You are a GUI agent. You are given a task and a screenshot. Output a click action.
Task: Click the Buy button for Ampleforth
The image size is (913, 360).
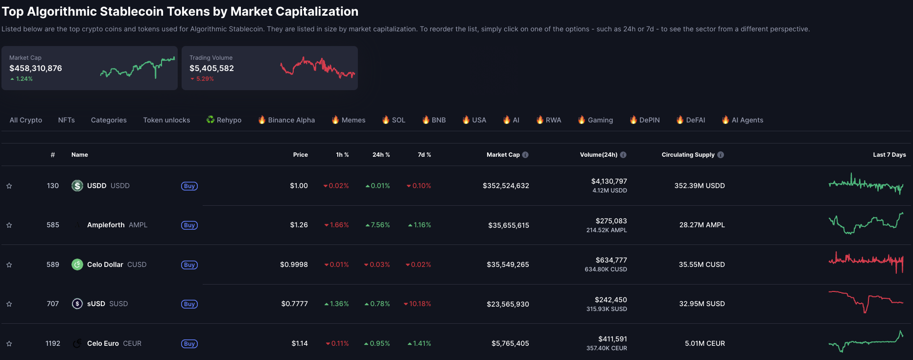tap(189, 225)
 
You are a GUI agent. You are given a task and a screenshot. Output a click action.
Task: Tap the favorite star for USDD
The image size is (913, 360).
tap(9, 186)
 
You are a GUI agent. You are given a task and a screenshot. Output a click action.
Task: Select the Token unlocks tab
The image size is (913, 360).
tap(166, 120)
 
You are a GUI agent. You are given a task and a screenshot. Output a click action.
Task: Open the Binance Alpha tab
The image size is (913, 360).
tap(286, 120)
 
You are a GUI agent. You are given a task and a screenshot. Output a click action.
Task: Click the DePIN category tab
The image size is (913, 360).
tap(645, 120)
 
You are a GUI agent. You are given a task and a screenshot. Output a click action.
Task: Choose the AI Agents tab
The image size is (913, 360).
tap(743, 120)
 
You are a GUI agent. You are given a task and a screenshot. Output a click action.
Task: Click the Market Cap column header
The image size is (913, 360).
tap(503, 155)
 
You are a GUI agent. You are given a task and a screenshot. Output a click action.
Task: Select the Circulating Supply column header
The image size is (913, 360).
tap(688, 155)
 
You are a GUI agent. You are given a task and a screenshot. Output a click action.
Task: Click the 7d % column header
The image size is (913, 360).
tap(424, 155)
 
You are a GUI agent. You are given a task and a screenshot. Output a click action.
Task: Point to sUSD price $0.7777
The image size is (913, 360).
tap(294, 304)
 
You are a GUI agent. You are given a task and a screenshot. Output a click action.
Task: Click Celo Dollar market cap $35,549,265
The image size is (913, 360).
tap(508, 264)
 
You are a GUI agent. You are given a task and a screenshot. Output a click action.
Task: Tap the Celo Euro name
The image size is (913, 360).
tap(103, 343)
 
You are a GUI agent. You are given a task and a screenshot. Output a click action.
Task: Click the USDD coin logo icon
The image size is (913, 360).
tap(77, 186)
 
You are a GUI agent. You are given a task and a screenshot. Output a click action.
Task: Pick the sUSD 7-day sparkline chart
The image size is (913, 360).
tap(866, 302)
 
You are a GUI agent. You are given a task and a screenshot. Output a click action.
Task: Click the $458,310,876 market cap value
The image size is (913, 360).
tap(36, 69)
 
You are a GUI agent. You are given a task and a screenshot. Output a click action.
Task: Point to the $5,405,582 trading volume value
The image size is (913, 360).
tap(211, 69)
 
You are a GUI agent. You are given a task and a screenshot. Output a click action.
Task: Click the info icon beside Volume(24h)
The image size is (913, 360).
tap(623, 155)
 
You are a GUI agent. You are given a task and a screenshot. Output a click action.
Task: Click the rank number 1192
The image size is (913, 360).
tap(53, 343)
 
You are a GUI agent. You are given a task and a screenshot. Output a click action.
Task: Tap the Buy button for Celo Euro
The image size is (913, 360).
tap(189, 344)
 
